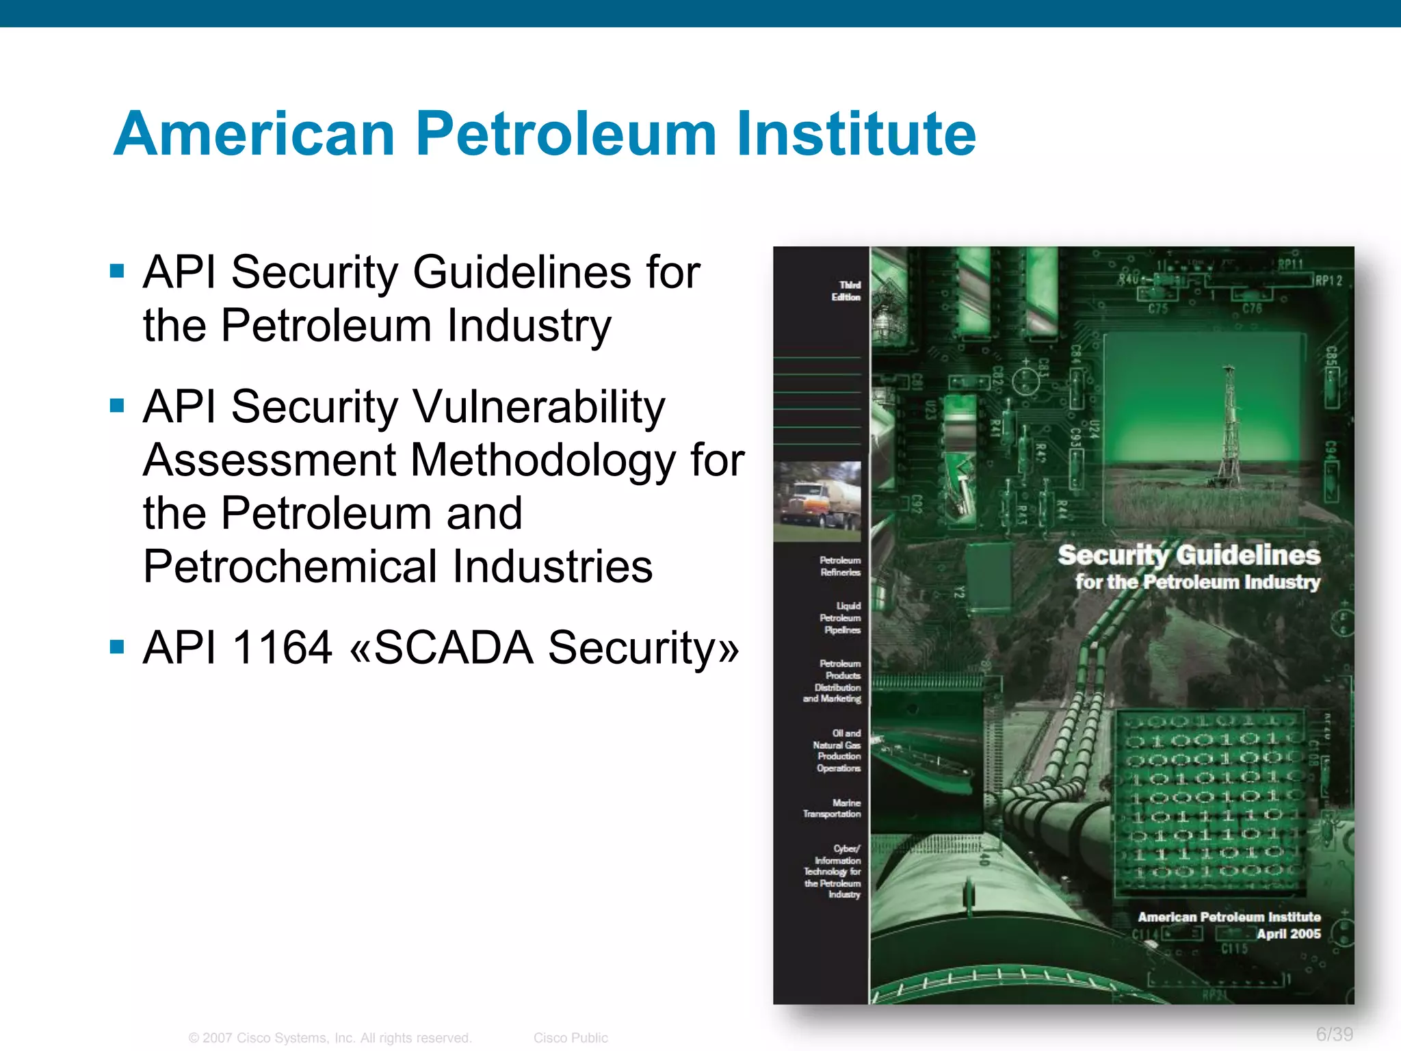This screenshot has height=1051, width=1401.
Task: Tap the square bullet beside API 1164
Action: tap(117, 647)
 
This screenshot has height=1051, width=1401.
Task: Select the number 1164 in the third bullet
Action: tap(283, 647)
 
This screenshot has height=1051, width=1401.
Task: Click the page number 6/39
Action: tap(1334, 1034)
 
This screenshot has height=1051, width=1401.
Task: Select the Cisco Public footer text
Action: tap(571, 1038)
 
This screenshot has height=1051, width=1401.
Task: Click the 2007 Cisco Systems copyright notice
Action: tap(330, 1038)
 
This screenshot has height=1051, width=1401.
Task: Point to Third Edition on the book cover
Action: tap(847, 291)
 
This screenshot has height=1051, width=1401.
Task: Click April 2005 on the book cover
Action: tap(1288, 934)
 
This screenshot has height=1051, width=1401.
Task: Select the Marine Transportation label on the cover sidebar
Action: tap(833, 808)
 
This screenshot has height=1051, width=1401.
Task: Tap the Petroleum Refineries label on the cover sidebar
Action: tap(841, 567)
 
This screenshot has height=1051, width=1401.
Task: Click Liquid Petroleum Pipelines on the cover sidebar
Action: tap(841, 618)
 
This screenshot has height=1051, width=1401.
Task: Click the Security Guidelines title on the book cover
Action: tap(1189, 556)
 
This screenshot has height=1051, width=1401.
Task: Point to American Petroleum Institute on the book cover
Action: tap(1229, 917)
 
